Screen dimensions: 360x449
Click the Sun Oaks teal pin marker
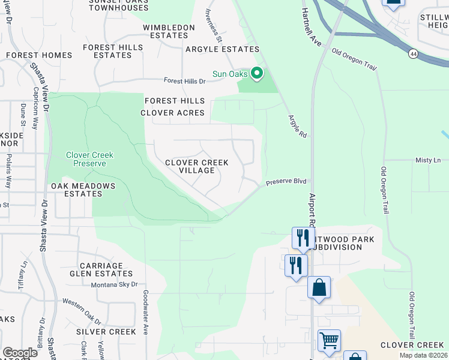pos(258,74)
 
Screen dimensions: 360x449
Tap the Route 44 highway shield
pos(413,54)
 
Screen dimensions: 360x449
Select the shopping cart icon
pos(329,341)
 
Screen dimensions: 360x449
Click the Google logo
pos(20,353)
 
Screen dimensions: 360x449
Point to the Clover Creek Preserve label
pos(89,159)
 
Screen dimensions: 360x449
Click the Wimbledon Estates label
pos(169,31)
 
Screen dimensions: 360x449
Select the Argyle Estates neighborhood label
pos(222,49)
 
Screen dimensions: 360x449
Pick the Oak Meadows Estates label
pos(82,190)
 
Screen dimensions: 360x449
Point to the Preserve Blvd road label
pos(286,181)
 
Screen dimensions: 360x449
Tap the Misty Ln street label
pos(428,160)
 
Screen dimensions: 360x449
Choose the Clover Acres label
pos(172,113)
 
